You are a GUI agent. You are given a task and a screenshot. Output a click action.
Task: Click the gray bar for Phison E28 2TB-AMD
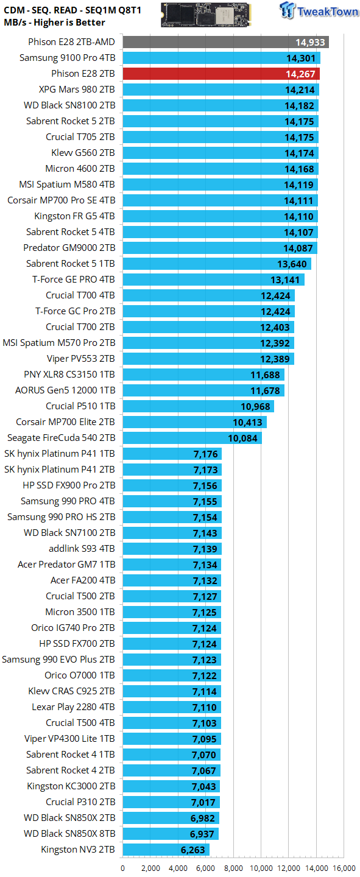pos(225,42)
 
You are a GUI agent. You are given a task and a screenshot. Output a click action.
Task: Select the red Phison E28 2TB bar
pos(221,74)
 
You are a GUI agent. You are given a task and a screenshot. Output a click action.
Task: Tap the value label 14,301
pos(301,58)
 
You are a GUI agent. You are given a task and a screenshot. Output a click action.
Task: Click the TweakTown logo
pos(319,10)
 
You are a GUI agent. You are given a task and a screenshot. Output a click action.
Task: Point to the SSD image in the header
pos(206,15)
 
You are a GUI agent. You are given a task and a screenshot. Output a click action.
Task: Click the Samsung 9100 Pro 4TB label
pos(68,58)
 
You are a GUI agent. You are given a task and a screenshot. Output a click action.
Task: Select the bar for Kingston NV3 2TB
pos(166,850)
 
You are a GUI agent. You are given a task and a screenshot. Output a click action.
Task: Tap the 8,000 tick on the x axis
pos(233,868)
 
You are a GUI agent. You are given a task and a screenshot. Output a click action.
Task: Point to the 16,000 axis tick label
pos(344,868)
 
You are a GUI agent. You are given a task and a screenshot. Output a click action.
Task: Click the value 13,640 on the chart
pos(292,264)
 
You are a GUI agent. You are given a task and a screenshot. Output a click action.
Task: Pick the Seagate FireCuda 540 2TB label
pos(61,438)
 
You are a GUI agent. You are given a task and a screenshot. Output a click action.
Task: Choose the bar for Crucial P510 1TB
pos(198,406)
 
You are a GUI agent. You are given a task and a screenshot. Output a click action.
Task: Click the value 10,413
pos(247,423)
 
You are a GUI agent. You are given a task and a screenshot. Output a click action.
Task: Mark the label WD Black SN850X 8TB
pos(69,834)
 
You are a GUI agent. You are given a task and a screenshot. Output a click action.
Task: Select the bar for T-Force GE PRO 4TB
pos(213,280)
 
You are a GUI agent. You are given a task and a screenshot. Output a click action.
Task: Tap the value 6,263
pos(192,850)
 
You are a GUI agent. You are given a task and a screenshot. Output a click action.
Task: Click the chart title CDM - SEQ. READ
pos(40,10)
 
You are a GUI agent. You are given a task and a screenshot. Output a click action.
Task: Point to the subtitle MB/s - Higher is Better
pos(54,23)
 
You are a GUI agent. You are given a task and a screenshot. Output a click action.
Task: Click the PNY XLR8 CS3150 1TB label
pos(69,375)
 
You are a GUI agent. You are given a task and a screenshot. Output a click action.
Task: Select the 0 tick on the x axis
pos(122,868)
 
